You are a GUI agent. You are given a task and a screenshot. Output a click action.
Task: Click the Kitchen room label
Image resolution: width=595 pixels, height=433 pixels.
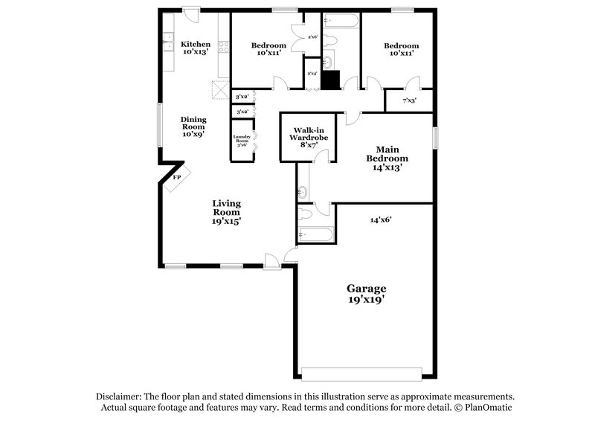(x=195, y=48)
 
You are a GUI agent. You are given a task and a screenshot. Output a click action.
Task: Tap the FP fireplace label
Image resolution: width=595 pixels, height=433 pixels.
(x=176, y=178)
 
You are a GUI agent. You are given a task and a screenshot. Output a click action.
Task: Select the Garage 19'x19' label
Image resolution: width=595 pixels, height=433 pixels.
(x=367, y=293)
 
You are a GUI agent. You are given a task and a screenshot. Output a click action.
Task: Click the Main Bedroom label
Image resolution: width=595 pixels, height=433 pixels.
(x=387, y=158)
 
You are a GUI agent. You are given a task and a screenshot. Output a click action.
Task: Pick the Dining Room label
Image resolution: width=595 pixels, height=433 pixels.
(x=194, y=126)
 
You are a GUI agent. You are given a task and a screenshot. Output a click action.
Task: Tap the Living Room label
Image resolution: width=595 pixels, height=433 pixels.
(x=226, y=211)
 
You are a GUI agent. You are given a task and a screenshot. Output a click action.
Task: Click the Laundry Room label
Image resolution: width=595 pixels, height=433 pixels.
(x=242, y=141)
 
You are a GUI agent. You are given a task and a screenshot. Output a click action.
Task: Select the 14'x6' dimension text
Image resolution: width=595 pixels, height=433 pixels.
(x=381, y=219)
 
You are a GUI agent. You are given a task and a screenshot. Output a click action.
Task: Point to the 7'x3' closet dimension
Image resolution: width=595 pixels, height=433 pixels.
(x=408, y=100)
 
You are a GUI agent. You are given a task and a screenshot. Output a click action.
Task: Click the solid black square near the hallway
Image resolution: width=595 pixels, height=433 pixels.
(x=331, y=80)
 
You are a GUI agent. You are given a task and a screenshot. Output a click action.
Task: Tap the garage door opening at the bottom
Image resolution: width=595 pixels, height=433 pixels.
(x=361, y=373)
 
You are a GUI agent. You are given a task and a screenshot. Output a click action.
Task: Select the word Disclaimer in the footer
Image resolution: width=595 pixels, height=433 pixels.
(x=121, y=397)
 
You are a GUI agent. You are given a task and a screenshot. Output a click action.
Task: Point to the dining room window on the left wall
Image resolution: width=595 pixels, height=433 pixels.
(x=159, y=125)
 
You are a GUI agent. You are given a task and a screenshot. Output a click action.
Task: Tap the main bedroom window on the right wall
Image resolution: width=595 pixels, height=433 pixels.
(x=437, y=139)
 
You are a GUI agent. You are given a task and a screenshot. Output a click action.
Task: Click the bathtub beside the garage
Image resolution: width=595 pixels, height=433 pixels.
(x=314, y=236)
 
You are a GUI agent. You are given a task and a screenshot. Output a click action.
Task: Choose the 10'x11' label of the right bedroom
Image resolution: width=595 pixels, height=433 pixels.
(x=401, y=54)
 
